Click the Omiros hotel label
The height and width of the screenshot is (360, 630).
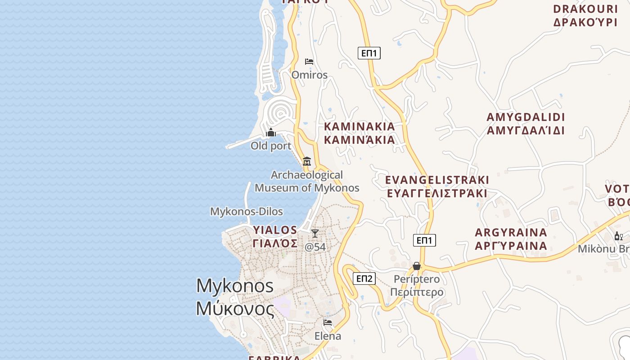(x=310, y=75)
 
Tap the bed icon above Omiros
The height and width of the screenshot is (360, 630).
(x=309, y=61)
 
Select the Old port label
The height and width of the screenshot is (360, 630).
(x=271, y=146)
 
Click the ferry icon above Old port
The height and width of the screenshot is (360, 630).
(x=271, y=132)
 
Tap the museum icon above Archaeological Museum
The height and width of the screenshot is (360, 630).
(x=307, y=161)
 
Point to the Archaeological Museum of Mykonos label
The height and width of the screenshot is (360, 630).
(x=307, y=181)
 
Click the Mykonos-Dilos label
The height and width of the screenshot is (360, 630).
(x=247, y=211)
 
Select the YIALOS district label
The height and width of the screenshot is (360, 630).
(x=275, y=237)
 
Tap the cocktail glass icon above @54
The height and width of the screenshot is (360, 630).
(x=315, y=233)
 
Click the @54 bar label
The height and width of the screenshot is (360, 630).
(x=315, y=247)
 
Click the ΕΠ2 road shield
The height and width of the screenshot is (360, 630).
(x=364, y=279)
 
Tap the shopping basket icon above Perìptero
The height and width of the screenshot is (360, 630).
(x=417, y=266)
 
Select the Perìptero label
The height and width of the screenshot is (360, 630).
(x=417, y=285)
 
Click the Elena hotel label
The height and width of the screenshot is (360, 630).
(x=328, y=336)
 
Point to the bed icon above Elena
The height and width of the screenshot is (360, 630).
(x=328, y=323)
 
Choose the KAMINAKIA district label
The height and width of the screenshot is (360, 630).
(x=360, y=133)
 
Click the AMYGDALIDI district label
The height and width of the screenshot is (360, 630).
(x=526, y=124)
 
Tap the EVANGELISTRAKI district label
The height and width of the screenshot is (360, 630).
(x=437, y=186)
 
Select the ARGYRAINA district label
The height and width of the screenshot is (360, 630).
(x=511, y=239)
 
